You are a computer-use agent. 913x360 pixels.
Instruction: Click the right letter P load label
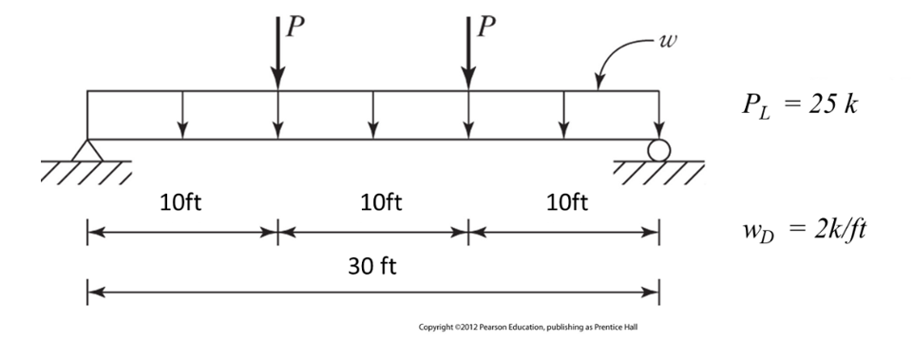coord(487,27)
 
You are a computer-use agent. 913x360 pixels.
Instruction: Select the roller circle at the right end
coord(657,150)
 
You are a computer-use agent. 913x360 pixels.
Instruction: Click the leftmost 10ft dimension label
coord(181,202)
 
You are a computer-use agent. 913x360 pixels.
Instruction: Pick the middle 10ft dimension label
coord(372,202)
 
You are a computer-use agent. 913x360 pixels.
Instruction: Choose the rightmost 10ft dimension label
coord(563,202)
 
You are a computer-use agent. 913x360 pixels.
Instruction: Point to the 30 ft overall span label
coord(373,264)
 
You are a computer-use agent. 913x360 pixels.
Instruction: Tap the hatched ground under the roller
coord(658,172)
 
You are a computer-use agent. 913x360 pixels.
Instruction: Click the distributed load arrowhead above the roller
coord(658,133)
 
